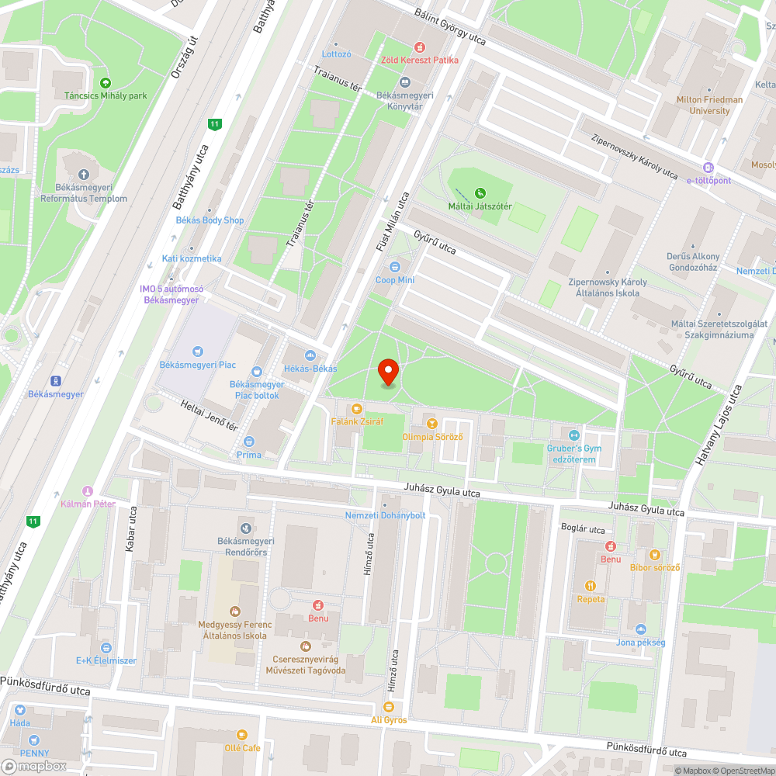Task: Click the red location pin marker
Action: pos(388,371)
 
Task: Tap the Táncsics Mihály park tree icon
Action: pos(106,83)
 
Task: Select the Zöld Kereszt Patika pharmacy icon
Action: pos(420,47)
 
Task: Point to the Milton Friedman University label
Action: pos(709,106)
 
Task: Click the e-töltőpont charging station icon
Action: pos(708,168)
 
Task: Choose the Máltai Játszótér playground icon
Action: pos(480,192)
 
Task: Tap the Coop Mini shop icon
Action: pos(395,267)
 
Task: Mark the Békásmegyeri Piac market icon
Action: pos(198,352)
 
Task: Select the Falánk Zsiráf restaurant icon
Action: pos(357,408)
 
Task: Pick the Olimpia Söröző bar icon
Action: pos(432,424)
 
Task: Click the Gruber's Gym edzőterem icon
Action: pos(574,436)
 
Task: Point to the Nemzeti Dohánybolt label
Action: pos(386,515)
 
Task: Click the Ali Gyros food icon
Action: pos(389,707)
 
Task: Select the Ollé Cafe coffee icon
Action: pos(242,734)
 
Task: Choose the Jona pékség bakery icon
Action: pos(640,629)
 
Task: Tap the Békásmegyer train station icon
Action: pos(56,380)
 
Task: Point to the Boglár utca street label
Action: pos(583,529)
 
